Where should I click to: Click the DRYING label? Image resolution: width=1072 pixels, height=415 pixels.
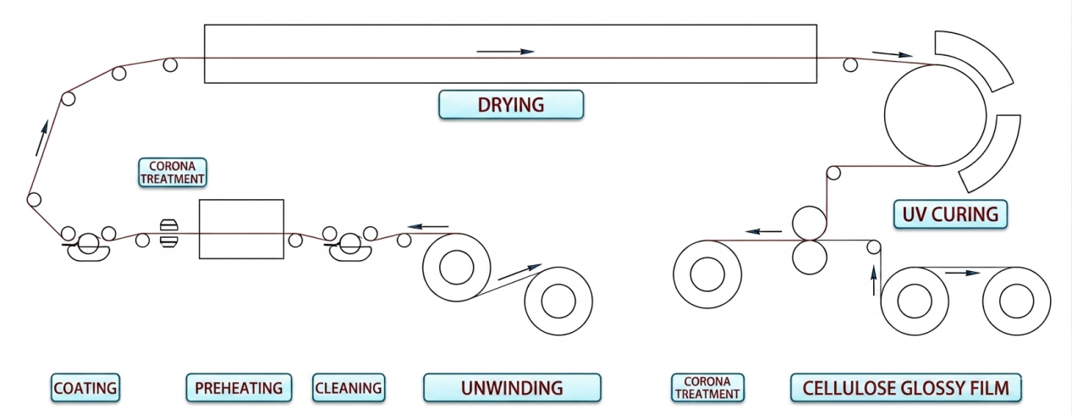point(511,104)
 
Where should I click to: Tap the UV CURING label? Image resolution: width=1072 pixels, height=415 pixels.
point(951,214)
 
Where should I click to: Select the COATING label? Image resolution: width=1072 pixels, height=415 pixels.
point(85,388)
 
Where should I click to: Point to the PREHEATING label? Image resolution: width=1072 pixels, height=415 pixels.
point(239,388)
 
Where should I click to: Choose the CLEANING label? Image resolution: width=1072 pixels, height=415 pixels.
point(349,388)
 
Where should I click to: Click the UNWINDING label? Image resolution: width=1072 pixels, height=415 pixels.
point(512,388)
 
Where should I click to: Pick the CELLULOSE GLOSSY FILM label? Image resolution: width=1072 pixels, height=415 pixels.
point(906,388)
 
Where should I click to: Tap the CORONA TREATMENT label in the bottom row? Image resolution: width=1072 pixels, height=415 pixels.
point(707,388)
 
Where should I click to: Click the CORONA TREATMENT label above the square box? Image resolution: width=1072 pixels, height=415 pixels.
point(173,172)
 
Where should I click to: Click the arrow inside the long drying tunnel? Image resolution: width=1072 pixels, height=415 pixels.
point(505,52)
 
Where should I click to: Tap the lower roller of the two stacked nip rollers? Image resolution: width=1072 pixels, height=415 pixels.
point(810,257)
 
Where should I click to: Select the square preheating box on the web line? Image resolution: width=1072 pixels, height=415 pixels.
point(241,229)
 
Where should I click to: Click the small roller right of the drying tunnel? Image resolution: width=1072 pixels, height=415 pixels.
point(849,64)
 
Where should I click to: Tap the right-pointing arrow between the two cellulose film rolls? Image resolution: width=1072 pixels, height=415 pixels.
point(963,274)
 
